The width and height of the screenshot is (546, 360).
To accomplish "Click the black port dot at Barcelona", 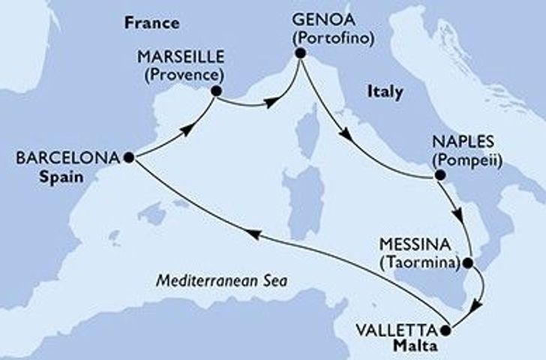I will (129, 157).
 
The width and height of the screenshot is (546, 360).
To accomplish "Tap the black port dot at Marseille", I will (216, 91).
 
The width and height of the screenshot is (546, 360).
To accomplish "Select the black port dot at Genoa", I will (300, 53).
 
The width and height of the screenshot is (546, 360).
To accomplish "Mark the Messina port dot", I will (467, 263).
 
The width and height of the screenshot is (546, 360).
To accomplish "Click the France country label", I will (152, 23).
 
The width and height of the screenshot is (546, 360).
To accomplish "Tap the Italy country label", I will (385, 92).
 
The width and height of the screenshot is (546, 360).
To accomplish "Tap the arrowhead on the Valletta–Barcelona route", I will (254, 235).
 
